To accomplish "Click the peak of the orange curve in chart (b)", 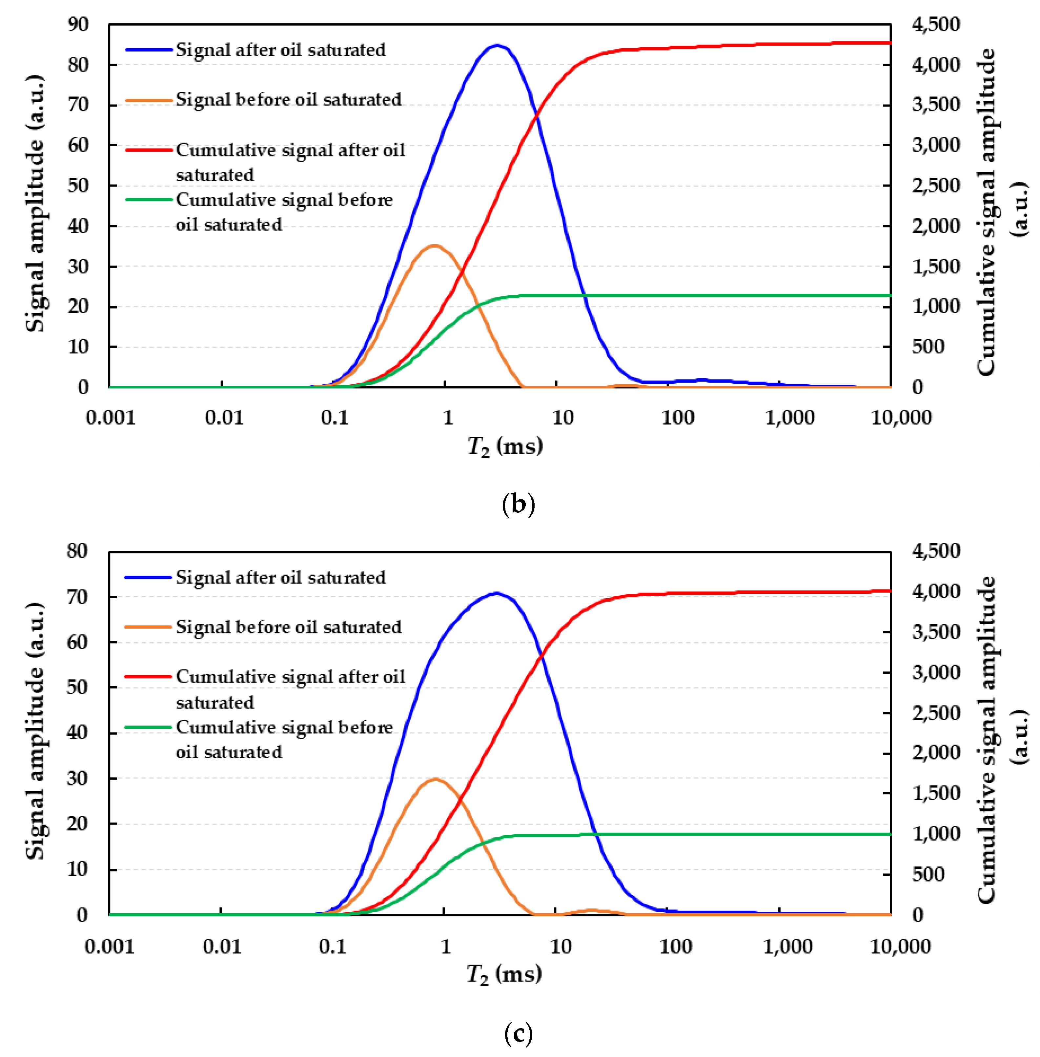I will click(x=434, y=246).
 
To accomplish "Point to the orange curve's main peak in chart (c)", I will click(x=435, y=779).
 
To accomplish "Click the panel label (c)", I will click(x=518, y=1033).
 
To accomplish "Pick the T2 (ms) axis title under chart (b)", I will click(x=505, y=447).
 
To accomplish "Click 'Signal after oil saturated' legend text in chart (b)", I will click(x=280, y=50).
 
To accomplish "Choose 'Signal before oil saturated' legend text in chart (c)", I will click(x=288, y=627).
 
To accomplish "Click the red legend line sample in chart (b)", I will click(x=149, y=150).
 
